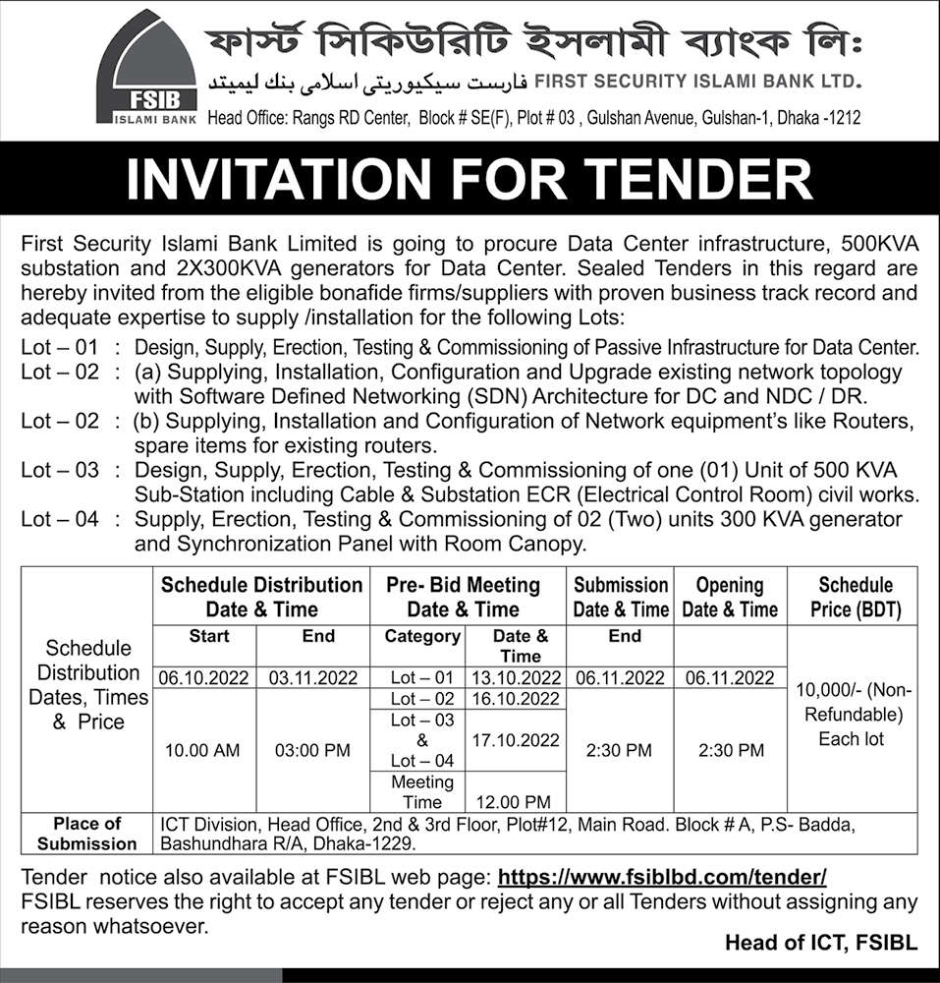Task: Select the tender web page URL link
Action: point(662,876)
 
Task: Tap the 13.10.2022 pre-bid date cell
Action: point(516,677)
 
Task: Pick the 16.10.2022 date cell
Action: point(516,699)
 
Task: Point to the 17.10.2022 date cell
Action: point(516,739)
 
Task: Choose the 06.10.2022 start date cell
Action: point(204,677)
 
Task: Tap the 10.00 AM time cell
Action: point(203,750)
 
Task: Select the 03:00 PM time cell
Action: point(312,750)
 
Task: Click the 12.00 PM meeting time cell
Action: point(516,802)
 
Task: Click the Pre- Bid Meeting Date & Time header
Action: point(467,597)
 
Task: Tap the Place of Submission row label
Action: point(87,834)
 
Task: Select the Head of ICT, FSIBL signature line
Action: point(820,943)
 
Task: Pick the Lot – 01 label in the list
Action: point(60,346)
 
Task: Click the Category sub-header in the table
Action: point(422,636)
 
